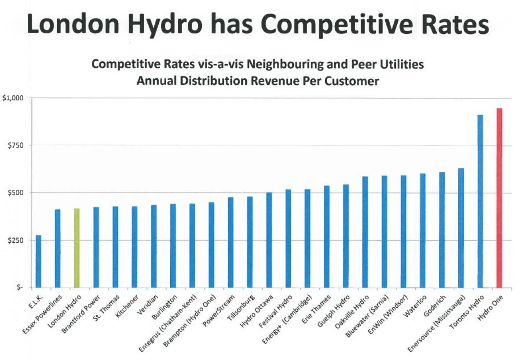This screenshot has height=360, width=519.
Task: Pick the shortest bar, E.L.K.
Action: [x=38, y=262]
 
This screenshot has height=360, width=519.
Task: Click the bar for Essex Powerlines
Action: [x=57, y=248]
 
